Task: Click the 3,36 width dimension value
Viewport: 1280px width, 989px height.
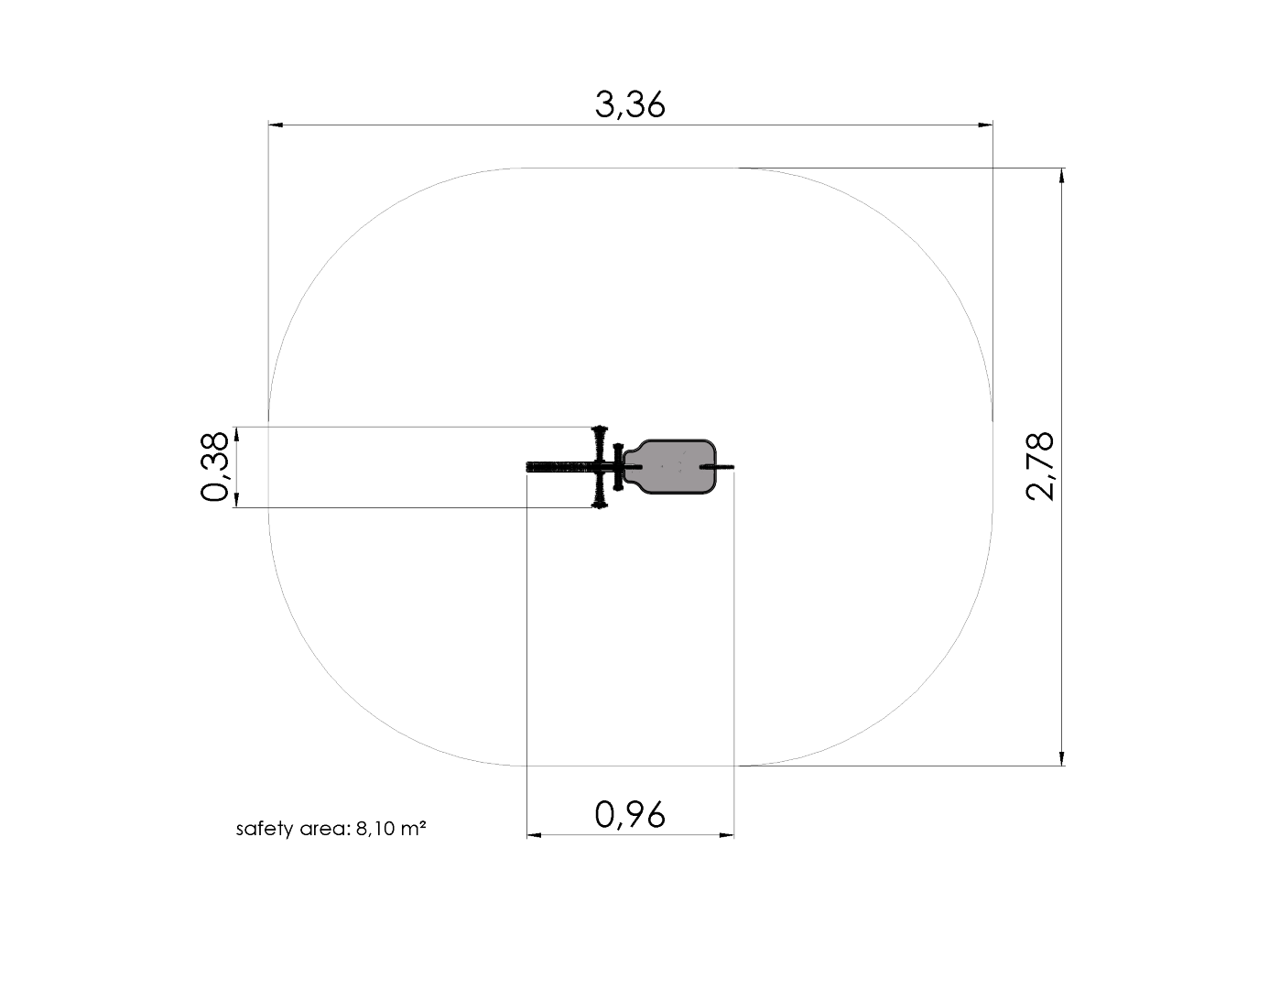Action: pos(630,104)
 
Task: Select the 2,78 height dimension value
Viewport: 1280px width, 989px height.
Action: pos(1040,466)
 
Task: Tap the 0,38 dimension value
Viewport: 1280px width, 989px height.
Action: pos(214,466)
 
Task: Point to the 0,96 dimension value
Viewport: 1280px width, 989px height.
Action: pos(630,815)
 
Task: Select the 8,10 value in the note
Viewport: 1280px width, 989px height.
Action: pos(374,829)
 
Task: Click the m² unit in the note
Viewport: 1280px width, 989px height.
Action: pos(414,828)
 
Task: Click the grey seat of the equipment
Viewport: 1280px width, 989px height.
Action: pos(670,466)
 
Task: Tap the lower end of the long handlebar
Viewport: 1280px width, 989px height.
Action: pos(600,505)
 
